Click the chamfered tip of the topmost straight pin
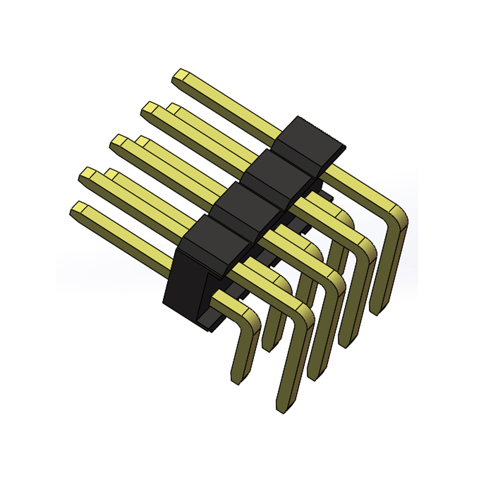(x=180, y=77)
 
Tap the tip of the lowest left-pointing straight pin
(x=77, y=208)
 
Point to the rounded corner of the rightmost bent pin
(x=398, y=215)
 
